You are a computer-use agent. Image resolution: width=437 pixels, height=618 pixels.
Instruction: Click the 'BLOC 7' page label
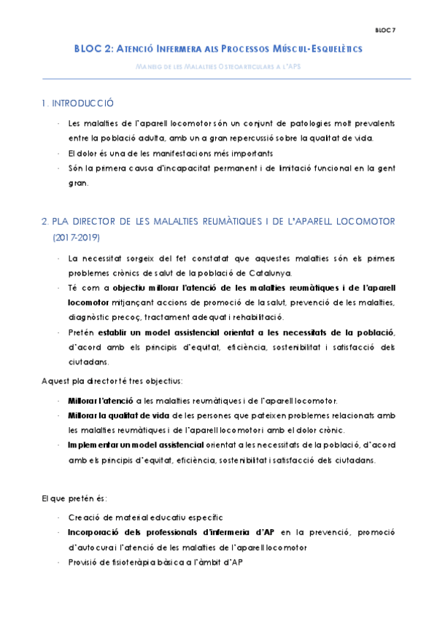[384, 31]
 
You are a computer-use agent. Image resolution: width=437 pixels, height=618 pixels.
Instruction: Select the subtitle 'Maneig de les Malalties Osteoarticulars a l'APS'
[218, 67]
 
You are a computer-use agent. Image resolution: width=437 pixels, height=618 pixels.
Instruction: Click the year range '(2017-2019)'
[77, 238]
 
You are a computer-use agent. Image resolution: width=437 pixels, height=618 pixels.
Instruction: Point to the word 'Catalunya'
[270, 273]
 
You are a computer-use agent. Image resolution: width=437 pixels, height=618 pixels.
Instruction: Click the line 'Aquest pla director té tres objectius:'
[111, 380]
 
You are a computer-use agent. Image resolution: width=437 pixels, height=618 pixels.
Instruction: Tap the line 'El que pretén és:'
[74, 498]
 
